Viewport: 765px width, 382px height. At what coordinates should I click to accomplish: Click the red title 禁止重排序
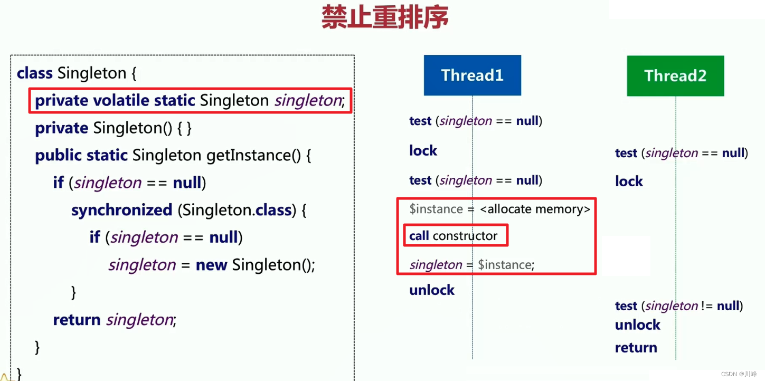pos(385,17)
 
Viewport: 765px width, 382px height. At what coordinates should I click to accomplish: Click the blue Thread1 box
pos(472,75)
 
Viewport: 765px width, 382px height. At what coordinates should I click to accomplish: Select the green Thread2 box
pos(675,76)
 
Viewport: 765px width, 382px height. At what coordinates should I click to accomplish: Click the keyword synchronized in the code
pos(122,210)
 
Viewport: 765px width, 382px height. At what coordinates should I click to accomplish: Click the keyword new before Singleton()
pos(211,265)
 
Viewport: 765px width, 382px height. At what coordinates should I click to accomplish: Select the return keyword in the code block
pos(77,320)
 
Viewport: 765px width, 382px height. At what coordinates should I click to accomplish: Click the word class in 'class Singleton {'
pos(34,73)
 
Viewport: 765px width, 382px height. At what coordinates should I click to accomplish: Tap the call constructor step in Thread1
pos(454,236)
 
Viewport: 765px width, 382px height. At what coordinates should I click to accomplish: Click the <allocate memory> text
pos(535,209)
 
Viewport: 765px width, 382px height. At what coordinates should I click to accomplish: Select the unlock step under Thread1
pos(432,290)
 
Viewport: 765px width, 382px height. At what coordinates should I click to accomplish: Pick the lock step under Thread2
pos(629,182)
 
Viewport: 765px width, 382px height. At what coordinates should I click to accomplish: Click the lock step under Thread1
pos(423,151)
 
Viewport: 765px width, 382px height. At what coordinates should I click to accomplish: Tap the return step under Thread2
pos(636,348)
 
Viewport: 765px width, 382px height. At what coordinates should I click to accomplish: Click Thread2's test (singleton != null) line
pos(678,306)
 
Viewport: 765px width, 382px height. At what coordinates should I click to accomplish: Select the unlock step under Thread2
pos(637,325)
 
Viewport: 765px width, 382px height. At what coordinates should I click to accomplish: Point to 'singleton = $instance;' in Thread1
pos(472,265)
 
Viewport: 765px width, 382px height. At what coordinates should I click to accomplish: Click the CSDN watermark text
pos(738,374)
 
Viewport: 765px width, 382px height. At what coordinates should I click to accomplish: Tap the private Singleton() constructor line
pos(113,128)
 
